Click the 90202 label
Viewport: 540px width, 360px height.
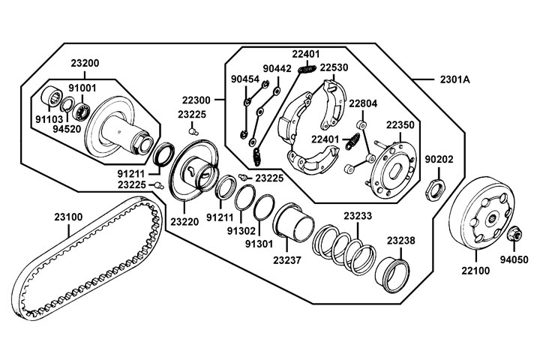(440, 159)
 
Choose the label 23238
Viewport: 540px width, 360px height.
(400, 241)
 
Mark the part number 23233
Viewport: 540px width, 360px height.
(358, 216)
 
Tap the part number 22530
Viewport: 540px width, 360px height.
(334, 67)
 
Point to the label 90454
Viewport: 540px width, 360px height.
(244, 78)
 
